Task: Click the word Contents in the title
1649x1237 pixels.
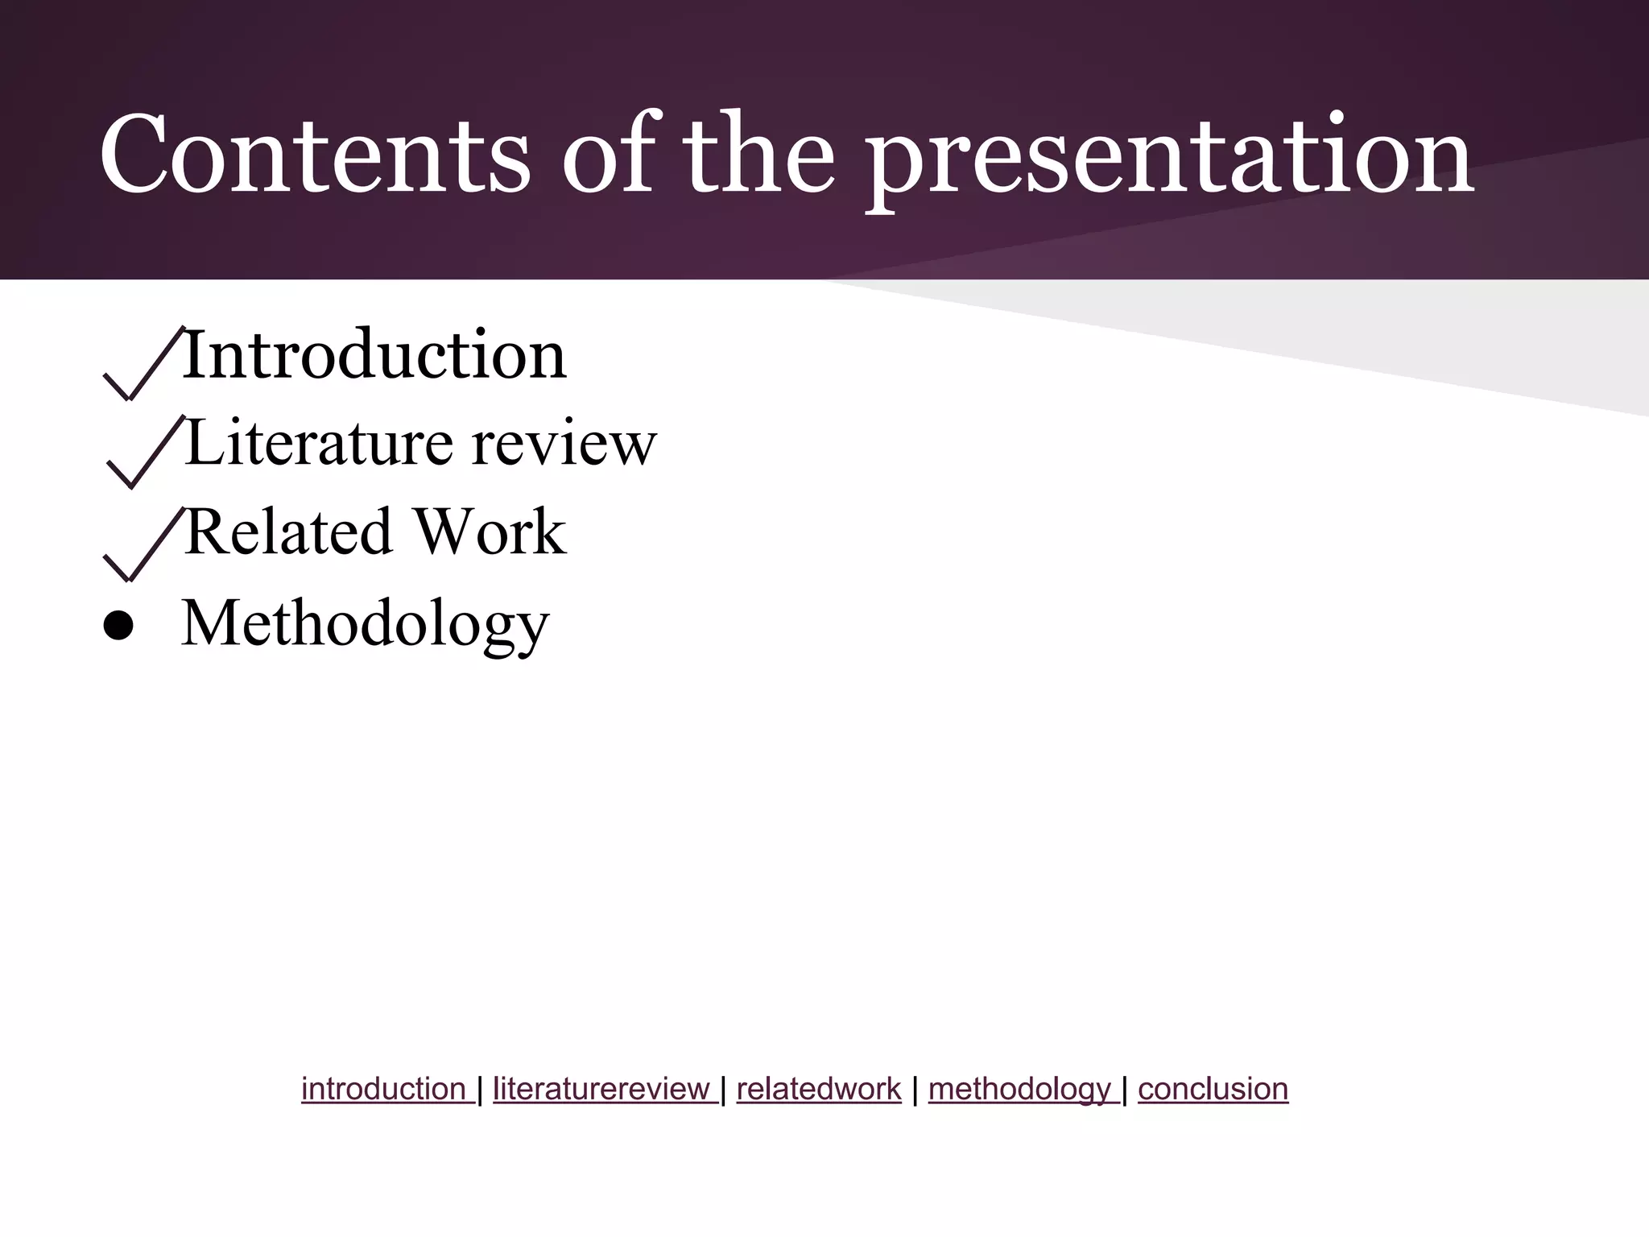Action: coord(315,155)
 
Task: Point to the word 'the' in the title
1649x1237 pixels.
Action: coord(758,155)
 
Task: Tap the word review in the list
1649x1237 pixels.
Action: coord(564,445)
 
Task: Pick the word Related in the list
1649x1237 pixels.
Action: coord(287,532)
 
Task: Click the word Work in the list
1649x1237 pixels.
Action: coord(490,532)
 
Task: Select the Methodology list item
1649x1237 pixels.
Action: coord(366,625)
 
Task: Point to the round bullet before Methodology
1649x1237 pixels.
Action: coord(119,627)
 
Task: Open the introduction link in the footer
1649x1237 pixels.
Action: coord(384,1089)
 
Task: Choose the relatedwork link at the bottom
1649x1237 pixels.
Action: coord(818,1089)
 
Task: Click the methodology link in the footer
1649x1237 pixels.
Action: coord(1020,1090)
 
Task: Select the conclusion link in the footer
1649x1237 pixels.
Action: coord(1213,1089)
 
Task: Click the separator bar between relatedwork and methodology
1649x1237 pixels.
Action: coord(915,1090)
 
